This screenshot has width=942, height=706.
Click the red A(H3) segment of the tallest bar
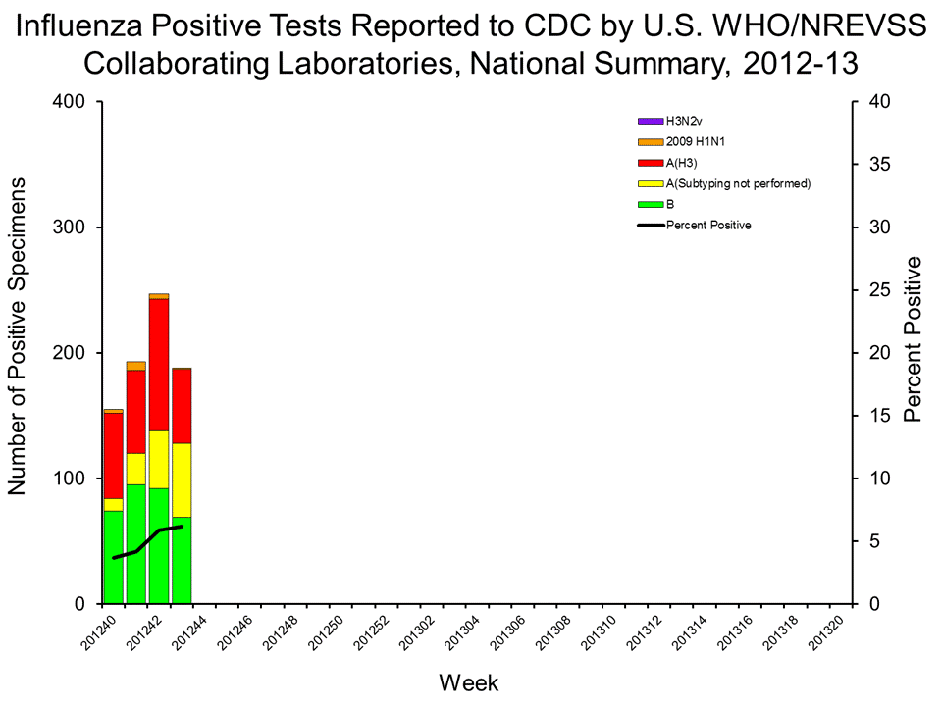pos(159,364)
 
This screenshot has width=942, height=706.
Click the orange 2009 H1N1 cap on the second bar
pos(136,366)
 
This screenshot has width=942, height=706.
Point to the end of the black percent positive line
pos(182,527)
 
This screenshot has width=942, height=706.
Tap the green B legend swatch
pos(651,204)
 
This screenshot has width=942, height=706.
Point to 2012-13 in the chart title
pos(800,64)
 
